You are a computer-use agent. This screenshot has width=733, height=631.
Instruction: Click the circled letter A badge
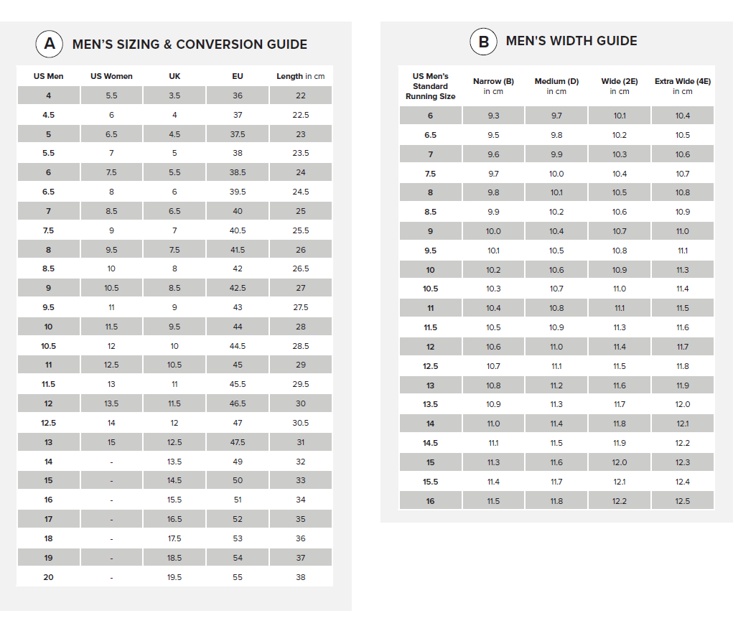[x=49, y=44]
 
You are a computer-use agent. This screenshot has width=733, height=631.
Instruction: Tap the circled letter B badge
[x=483, y=42]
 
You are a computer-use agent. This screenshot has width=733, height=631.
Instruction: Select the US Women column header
[x=111, y=76]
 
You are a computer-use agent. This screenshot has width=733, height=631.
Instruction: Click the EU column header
[x=238, y=76]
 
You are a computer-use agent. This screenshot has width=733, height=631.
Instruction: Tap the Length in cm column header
[x=300, y=76]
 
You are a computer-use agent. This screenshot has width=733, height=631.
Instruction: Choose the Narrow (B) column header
[x=493, y=85]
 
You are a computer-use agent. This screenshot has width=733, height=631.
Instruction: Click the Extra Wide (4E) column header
[x=683, y=85]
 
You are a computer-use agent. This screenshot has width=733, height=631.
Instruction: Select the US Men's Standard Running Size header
[x=430, y=86]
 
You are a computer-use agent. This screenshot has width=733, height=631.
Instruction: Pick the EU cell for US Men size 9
[x=238, y=288]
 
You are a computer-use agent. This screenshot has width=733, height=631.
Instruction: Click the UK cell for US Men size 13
[x=174, y=442]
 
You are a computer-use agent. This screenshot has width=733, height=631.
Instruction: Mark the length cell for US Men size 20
[x=300, y=577]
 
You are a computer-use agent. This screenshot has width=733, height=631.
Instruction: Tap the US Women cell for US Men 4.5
[x=111, y=115]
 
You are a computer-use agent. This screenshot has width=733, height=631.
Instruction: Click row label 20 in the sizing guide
[x=48, y=577]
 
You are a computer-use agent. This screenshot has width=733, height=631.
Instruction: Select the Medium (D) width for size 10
[x=556, y=270]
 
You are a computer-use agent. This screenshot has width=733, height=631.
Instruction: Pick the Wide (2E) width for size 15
[x=620, y=462]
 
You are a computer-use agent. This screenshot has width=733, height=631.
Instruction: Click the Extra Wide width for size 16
[x=683, y=501]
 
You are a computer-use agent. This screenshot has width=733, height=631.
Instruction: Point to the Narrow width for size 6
[x=493, y=116]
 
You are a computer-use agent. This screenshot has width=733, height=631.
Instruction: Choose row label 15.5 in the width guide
[x=430, y=482]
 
